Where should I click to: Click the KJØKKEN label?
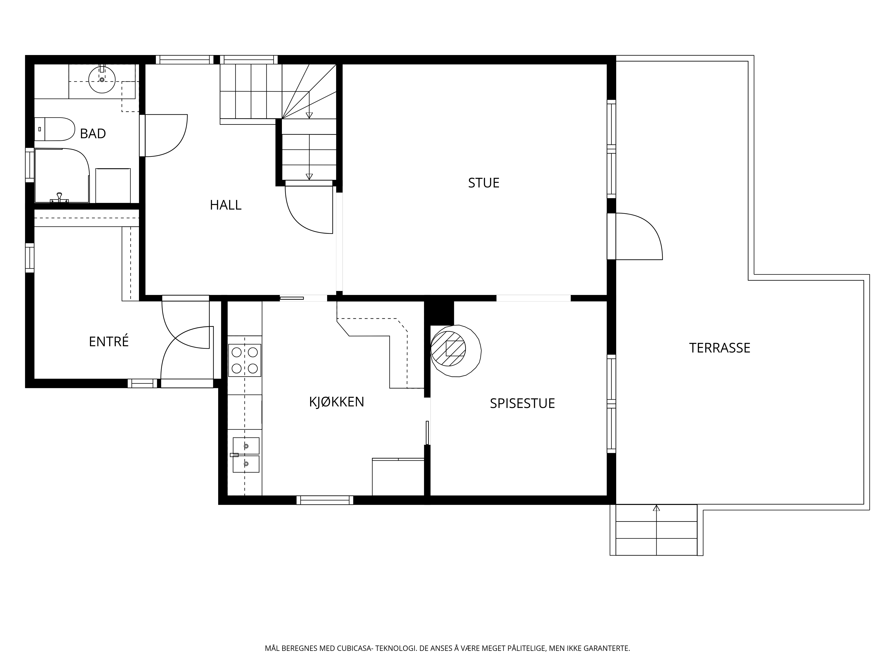[337, 402]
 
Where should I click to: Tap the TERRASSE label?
[720, 348]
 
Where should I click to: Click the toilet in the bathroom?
[55, 129]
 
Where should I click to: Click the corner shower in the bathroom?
[62, 176]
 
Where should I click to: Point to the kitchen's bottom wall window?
[325, 500]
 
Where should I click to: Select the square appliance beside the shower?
[113, 186]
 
